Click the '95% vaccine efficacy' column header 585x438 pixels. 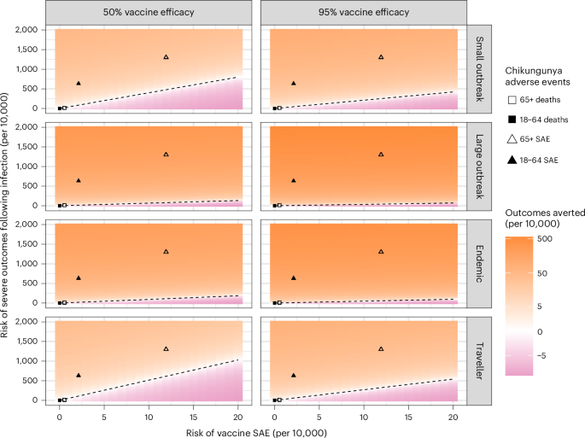363,13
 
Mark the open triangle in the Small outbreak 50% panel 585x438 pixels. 166,57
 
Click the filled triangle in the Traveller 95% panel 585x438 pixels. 294,375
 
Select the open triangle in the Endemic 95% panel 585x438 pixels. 381,252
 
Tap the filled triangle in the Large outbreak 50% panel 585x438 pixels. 79,180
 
